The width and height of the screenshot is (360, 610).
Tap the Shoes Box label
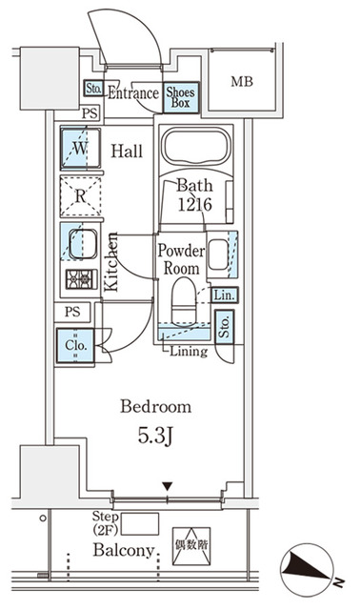pyautogui.click(x=181, y=97)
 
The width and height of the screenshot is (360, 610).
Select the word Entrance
pyautogui.click(x=132, y=93)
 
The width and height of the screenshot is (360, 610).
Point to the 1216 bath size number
pyautogui.click(x=192, y=204)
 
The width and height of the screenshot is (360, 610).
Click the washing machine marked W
pyautogui.click(x=79, y=149)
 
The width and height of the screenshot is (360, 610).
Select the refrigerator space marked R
pyautogui.click(x=79, y=197)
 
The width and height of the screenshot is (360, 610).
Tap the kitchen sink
pyautogui.click(x=80, y=242)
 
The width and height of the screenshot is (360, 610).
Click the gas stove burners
pyautogui.click(x=79, y=280)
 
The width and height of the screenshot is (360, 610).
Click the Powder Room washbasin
pyautogui.click(x=218, y=255)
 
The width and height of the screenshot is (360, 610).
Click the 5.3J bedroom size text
pyautogui.click(x=154, y=437)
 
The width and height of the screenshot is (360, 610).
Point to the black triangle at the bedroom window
pyautogui.click(x=167, y=489)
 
